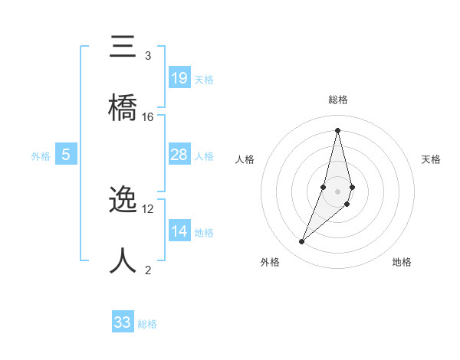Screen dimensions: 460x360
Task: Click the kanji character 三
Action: [x=124, y=48]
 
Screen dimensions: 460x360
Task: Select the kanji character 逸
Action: [x=124, y=201]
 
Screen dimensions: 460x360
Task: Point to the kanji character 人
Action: [x=124, y=261]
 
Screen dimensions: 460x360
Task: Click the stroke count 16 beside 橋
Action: [x=148, y=116]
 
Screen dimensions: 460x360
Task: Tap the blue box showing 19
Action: [x=179, y=78]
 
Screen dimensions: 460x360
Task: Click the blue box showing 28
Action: [x=179, y=155]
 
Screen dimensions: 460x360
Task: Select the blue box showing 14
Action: [x=179, y=231]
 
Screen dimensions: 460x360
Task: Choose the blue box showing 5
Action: [x=66, y=155]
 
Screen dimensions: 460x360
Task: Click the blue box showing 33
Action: [x=123, y=322]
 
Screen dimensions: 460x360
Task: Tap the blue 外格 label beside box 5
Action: [x=41, y=156]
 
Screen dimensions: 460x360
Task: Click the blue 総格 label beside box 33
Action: [x=147, y=324]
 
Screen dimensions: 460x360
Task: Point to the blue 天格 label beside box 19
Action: [x=204, y=80]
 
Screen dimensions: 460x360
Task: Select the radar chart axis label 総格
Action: [x=338, y=100]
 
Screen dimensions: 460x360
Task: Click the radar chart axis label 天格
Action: [x=432, y=159]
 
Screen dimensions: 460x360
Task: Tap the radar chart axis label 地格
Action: [x=402, y=262]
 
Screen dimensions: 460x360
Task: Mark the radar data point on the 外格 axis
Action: [x=301, y=242]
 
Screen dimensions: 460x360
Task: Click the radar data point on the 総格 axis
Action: [x=337, y=129]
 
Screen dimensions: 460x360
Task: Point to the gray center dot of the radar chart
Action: [x=337, y=191]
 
